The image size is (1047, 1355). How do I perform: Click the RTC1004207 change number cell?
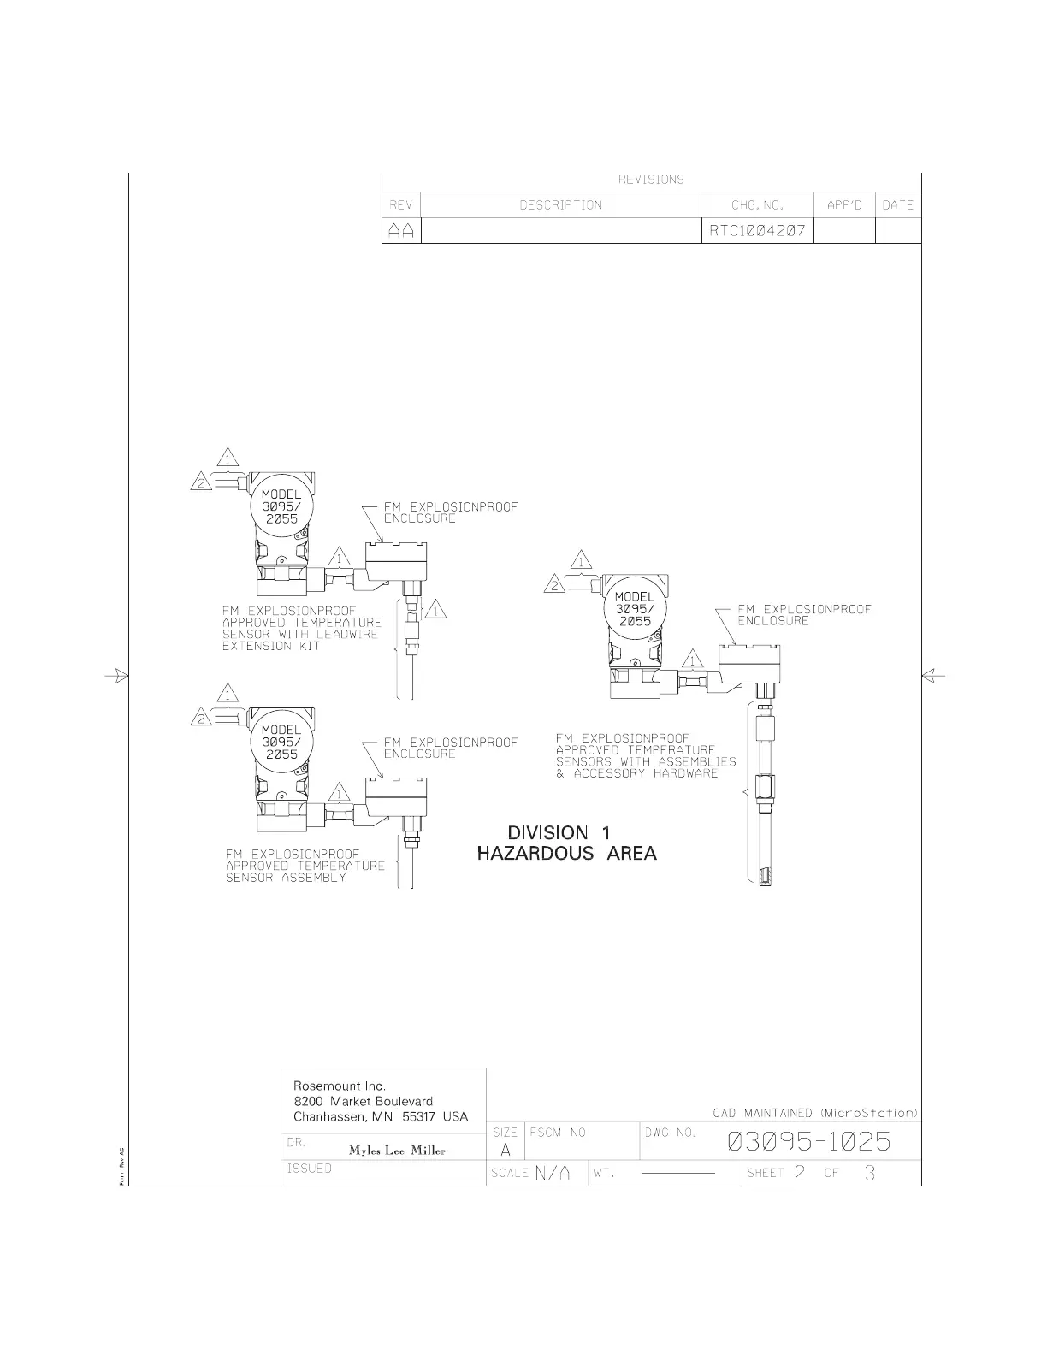pyautogui.click(x=757, y=231)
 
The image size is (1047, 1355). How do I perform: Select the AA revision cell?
pyautogui.click(x=401, y=231)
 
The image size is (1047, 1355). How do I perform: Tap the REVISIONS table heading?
pyautogui.click(x=651, y=180)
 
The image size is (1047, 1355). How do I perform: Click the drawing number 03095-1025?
pyautogui.click(x=809, y=1142)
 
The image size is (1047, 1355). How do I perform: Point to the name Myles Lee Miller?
pyautogui.click(x=397, y=1150)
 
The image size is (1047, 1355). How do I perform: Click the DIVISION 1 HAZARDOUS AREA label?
pyautogui.click(x=566, y=843)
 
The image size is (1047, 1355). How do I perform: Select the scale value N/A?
pyautogui.click(x=553, y=1173)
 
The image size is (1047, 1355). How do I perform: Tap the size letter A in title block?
pyautogui.click(x=505, y=1149)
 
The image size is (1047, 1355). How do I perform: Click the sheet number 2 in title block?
pyautogui.click(x=800, y=1173)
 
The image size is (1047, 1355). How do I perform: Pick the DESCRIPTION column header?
pyautogui.click(x=560, y=205)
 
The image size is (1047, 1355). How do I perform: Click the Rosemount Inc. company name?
pyautogui.click(x=340, y=1086)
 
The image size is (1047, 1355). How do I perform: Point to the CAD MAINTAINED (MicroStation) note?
pyautogui.click(x=815, y=1112)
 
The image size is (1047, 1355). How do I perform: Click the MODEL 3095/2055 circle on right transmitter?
pyautogui.click(x=634, y=608)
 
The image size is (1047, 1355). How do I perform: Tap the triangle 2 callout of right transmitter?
pyautogui.click(x=553, y=584)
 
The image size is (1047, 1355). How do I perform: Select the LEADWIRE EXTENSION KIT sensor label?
pyautogui.click(x=302, y=629)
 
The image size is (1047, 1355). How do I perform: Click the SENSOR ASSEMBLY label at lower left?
pyautogui.click(x=305, y=866)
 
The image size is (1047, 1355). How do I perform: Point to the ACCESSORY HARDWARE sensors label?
pyautogui.click(x=646, y=755)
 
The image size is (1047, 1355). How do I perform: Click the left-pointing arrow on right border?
pyautogui.click(x=933, y=675)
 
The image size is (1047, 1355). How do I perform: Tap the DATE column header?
pyautogui.click(x=898, y=205)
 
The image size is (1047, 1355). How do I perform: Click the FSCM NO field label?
pyautogui.click(x=558, y=1133)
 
